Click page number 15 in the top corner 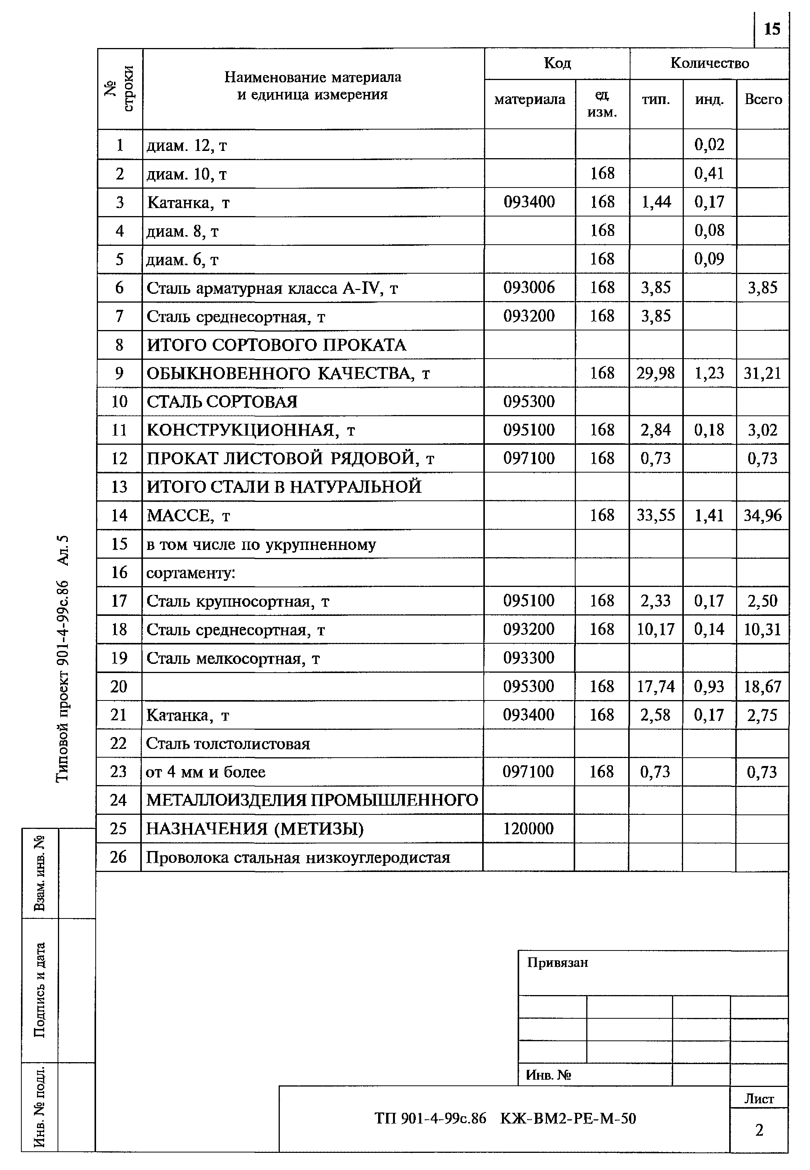click(x=772, y=29)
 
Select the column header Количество click(x=709, y=63)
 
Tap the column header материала click(x=529, y=99)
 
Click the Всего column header click(x=763, y=99)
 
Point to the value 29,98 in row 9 click(x=656, y=373)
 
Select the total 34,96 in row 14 click(x=762, y=516)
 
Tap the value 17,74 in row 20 click(x=656, y=686)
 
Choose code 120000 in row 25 click(x=528, y=829)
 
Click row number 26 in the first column click(x=118, y=857)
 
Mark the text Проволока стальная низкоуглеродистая click(x=298, y=857)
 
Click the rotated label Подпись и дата click(x=40, y=990)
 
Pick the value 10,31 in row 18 click(x=762, y=630)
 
